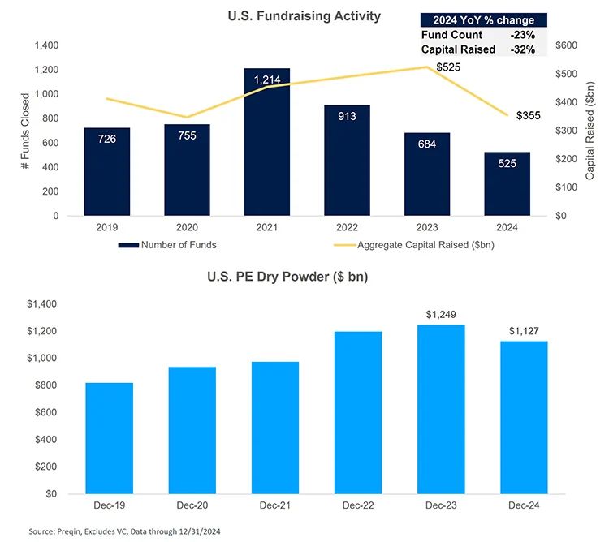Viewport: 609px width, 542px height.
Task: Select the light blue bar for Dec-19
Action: pos(110,437)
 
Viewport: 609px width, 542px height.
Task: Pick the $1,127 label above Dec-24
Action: pos(524,330)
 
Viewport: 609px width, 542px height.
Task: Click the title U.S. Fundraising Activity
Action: pos(303,16)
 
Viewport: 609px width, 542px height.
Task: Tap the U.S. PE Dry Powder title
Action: pos(303,276)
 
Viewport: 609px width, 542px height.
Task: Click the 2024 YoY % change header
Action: pos(483,20)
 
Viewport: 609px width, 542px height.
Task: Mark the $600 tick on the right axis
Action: pos(566,45)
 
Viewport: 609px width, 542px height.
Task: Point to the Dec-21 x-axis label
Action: pos(275,506)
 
